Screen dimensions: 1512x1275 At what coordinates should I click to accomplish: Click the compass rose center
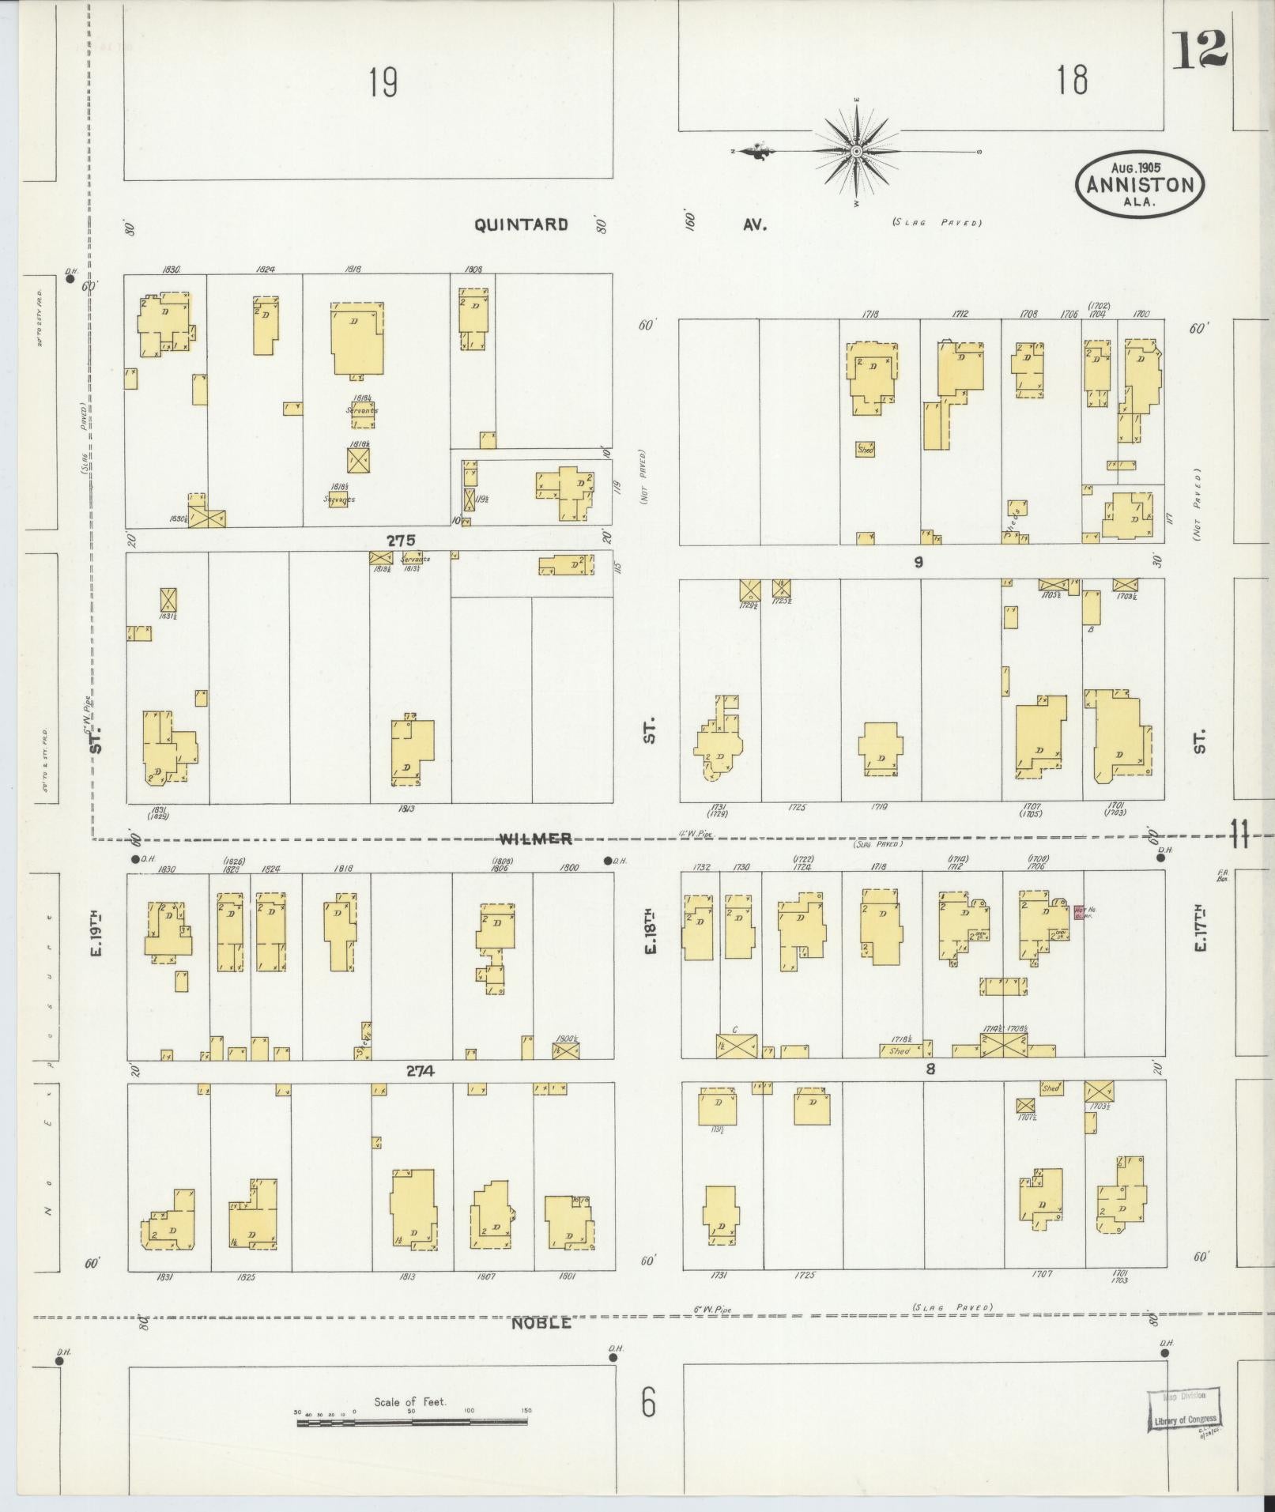point(856,150)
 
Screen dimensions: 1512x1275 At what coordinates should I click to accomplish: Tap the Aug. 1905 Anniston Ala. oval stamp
point(1140,184)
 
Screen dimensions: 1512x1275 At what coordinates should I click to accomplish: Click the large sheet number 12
point(1200,51)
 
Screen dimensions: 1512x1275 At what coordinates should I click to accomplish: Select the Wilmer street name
point(535,839)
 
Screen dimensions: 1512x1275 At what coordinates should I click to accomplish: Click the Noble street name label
point(541,1323)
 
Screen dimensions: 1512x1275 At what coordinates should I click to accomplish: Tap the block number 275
point(401,540)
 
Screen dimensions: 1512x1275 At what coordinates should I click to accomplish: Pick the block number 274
point(421,1071)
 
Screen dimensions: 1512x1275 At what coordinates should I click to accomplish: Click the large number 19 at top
point(383,82)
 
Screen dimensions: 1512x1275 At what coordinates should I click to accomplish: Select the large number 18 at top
point(1072,80)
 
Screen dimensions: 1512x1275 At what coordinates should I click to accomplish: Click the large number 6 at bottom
point(648,1402)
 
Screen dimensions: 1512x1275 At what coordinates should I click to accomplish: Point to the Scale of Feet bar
point(413,1421)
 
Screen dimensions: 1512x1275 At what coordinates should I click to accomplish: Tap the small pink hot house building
point(1079,912)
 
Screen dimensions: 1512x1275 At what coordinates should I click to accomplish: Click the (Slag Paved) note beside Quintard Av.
point(937,223)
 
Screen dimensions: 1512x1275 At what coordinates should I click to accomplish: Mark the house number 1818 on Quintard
point(353,270)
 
